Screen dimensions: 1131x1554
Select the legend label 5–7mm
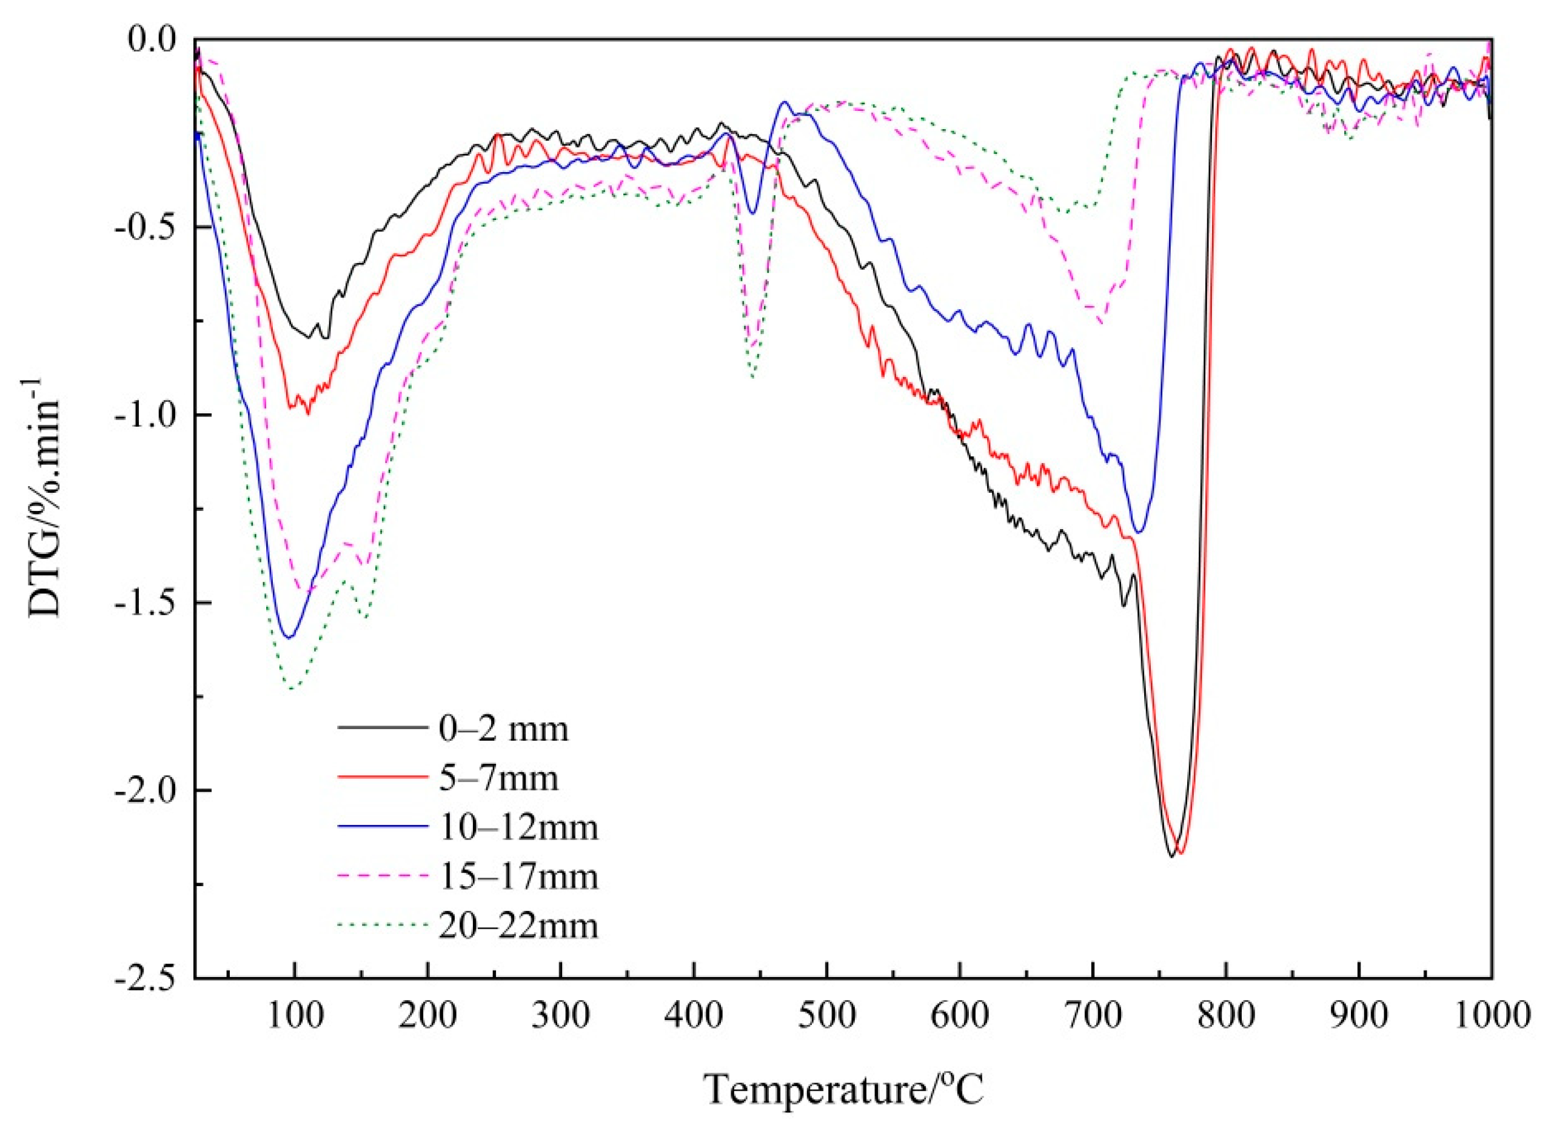tap(499, 779)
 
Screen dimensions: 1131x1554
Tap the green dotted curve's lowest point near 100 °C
tap(293, 689)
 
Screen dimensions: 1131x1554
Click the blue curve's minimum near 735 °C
tap(1139, 532)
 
